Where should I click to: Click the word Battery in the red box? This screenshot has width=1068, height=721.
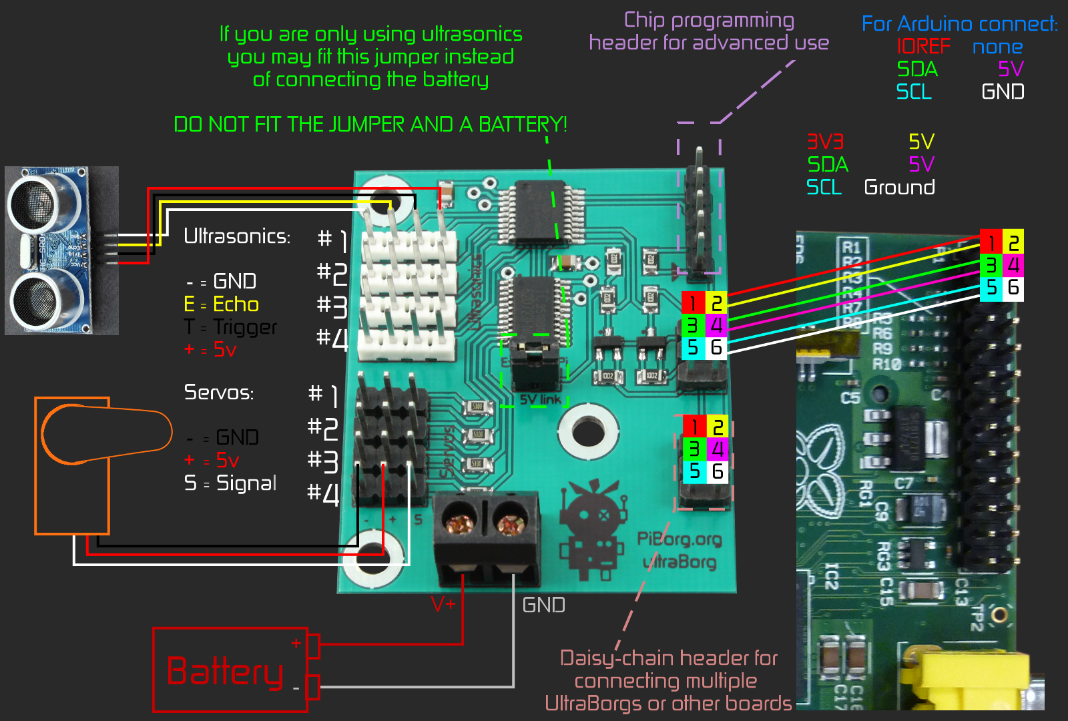click(x=225, y=671)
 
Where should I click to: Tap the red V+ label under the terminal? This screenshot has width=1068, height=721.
click(x=443, y=604)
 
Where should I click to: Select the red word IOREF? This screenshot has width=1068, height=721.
click(x=923, y=46)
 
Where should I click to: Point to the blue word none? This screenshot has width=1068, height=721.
click(x=997, y=47)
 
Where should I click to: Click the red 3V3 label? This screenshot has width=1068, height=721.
click(x=825, y=142)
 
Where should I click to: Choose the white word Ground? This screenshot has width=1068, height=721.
click(x=899, y=187)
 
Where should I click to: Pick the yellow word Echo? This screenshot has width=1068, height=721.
click(x=236, y=304)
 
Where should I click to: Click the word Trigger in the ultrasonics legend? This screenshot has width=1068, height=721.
click(x=245, y=327)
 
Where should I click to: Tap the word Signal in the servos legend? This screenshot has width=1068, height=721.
click(x=246, y=483)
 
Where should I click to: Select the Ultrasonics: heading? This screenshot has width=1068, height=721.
click(x=237, y=236)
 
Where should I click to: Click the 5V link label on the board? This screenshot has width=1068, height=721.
click(x=541, y=400)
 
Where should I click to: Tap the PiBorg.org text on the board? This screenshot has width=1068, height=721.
click(x=679, y=539)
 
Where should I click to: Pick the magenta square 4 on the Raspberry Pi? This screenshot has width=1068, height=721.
click(x=1013, y=265)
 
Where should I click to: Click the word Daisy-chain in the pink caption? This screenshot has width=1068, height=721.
click(x=616, y=658)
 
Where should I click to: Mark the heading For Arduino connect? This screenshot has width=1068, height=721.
click(x=959, y=24)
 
